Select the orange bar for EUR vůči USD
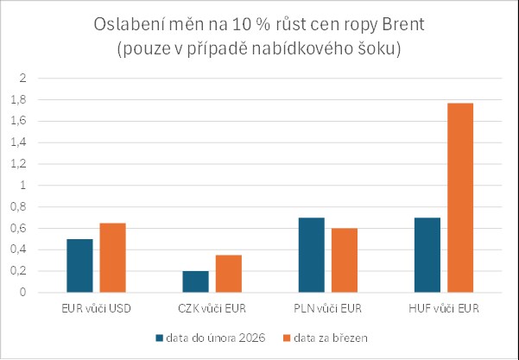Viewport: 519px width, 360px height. pyautogui.click(x=112, y=258)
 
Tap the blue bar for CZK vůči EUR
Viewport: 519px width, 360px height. pyautogui.click(x=194, y=281)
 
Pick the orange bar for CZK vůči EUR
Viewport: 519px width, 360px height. pyautogui.click(x=228, y=274)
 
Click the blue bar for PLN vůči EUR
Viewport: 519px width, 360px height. pyautogui.click(x=310, y=256)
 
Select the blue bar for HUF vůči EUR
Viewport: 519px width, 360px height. pyautogui.click(x=427, y=256)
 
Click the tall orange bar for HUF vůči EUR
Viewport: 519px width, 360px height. pyautogui.click(x=459, y=198)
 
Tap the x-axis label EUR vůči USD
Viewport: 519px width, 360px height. pyautogui.click(x=97, y=308)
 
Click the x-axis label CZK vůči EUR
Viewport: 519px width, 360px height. pyautogui.click(x=212, y=308)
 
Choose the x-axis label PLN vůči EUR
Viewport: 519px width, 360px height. pyautogui.click(x=327, y=308)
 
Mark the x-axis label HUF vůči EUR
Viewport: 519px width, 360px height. pyautogui.click(x=443, y=308)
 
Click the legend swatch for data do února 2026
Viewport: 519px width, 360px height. pyautogui.click(x=159, y=336)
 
